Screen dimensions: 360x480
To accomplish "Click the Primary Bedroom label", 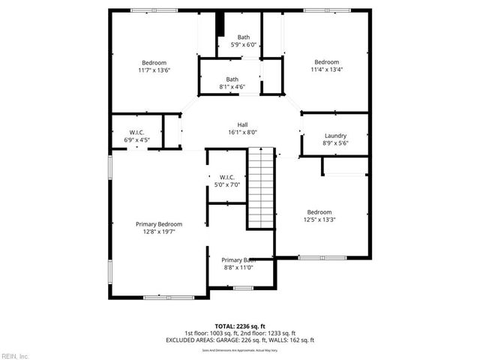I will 158,223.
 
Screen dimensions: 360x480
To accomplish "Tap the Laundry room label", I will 334,135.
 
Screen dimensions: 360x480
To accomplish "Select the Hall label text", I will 242,124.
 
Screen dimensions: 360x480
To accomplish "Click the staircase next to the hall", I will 261,183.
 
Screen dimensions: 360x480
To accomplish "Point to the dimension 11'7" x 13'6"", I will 154,70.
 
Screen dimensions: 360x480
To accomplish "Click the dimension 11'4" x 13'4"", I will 327,70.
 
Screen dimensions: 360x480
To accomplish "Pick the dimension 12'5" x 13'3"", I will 319,220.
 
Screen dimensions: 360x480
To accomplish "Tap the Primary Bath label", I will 238,259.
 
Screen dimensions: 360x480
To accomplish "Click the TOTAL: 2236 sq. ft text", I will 240,326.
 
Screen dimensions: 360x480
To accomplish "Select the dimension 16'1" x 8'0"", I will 242,132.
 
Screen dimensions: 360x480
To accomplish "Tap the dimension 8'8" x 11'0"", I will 238,267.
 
